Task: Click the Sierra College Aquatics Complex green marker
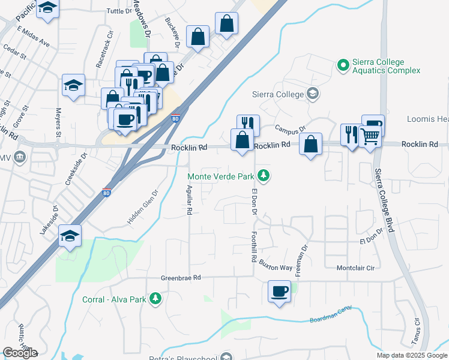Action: click(343, 65)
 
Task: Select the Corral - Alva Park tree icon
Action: click(155, 298)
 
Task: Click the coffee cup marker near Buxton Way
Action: click(279, 292)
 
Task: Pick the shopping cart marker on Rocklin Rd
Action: click(370, 137)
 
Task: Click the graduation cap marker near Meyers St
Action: click(73, 85)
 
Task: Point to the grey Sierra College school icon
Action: click(312, 93)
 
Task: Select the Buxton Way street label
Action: click(277, 268)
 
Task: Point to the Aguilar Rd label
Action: click(188, 199)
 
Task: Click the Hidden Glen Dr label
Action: click(142, 208)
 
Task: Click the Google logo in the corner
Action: click(20, 353)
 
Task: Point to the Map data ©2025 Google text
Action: click(412, 355)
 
